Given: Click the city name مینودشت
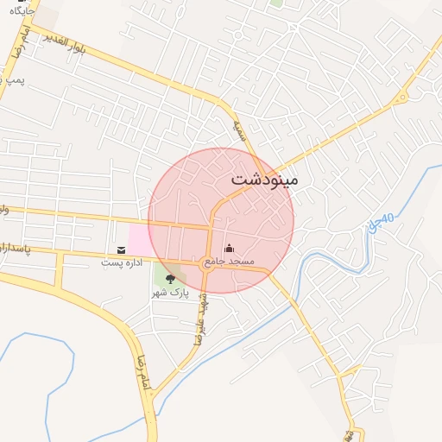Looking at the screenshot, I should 265,181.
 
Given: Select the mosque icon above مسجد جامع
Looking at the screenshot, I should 229,249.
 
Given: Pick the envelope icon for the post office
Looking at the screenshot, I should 120,249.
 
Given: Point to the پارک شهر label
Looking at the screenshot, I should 169,293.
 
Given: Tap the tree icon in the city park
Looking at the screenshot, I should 169,279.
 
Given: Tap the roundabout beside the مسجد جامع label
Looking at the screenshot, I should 206,261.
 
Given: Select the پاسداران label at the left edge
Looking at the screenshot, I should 15,248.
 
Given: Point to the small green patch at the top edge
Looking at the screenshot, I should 276,3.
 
